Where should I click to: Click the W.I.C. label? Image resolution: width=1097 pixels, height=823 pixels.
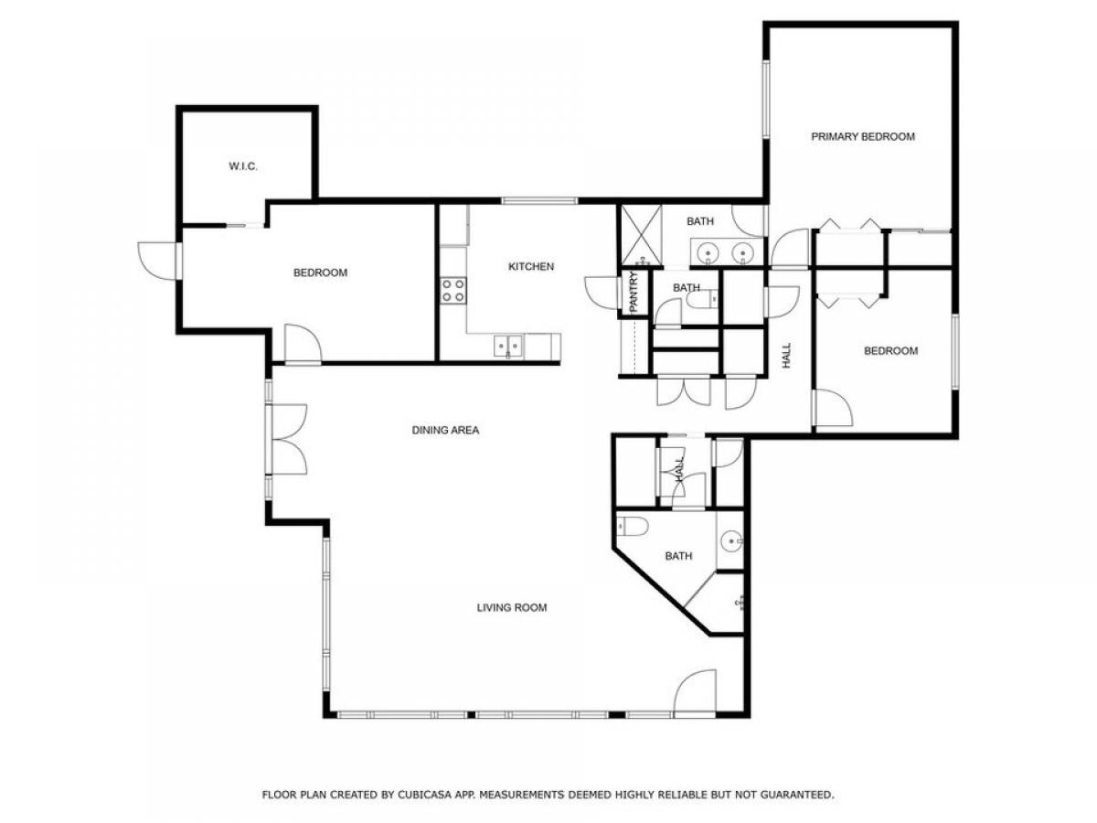[242, 166]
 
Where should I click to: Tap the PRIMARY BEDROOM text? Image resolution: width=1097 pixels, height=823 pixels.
[863, 137]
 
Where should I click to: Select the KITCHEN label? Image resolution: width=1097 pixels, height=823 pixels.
[531, 267]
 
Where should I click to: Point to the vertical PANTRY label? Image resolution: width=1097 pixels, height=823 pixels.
[632, 293]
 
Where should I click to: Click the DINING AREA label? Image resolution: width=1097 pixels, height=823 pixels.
[445, 430]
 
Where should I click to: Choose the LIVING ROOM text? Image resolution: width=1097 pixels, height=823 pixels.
[512, 607]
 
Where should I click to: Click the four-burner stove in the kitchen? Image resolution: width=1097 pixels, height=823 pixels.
[453, 291]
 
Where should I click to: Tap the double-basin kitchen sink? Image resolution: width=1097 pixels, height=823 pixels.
[508, 347]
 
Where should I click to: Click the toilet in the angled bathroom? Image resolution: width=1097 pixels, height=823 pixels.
[633, 526]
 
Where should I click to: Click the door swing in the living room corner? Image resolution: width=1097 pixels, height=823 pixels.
[695, 691]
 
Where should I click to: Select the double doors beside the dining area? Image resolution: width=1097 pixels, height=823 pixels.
[286, 439]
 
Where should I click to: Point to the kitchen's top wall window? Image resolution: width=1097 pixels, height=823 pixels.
[538, 200]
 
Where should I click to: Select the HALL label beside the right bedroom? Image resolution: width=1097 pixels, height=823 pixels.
[786, 357]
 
